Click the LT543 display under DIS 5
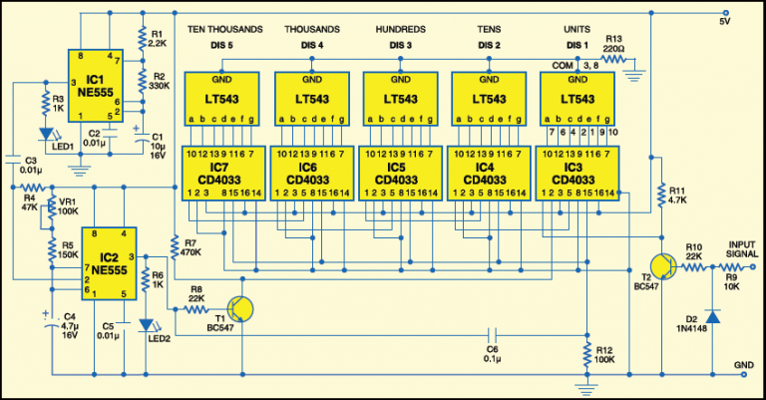[222, 100]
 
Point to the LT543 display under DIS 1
[578, 100]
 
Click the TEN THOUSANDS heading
[224, 29]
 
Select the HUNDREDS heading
[400, 29]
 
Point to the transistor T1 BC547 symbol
[239, 309]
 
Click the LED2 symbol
[147, 327]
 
